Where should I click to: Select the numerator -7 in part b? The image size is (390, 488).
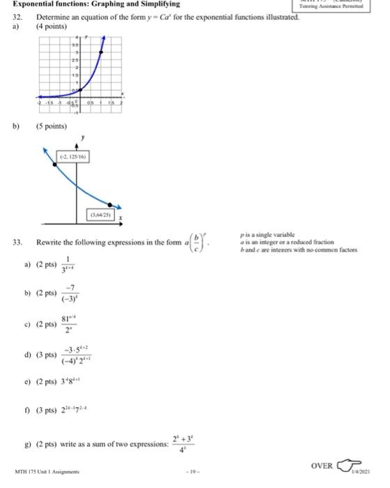tap(88, 290)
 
